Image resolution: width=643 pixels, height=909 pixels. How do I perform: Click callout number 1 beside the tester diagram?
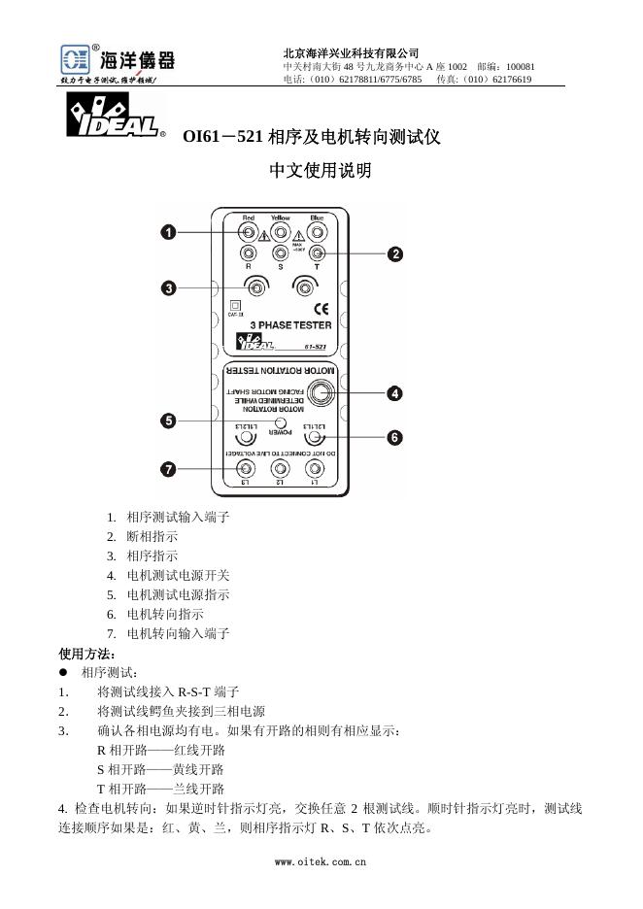[169, 232]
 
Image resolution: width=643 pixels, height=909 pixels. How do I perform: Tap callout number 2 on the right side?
[395, 254]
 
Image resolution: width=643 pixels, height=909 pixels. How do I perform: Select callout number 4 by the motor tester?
[395, 393]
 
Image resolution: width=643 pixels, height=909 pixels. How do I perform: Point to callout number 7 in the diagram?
[169, 469]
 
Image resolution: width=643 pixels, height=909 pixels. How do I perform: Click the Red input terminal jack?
[249, 233]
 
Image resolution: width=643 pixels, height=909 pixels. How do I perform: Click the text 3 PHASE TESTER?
[290, 325]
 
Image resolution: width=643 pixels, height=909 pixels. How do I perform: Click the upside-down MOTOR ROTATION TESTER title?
[280, 371]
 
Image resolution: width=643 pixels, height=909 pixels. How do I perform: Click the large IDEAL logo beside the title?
[111, 118]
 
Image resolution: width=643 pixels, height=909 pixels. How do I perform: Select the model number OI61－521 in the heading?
[222, 138]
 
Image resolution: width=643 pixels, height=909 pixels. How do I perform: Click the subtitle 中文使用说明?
[321, 171]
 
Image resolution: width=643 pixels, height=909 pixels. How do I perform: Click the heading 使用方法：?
[86, 653]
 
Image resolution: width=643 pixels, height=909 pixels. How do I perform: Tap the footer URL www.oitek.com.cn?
[321, 860]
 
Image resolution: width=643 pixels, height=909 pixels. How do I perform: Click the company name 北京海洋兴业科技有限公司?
[351, 52]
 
